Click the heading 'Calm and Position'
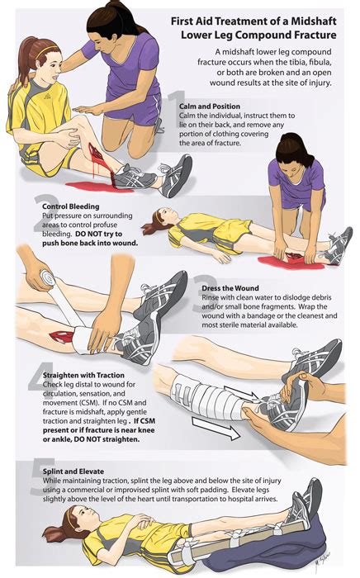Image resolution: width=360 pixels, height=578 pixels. click(x=210, y=107)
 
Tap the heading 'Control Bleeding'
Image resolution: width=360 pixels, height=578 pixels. click(x=71, y=206)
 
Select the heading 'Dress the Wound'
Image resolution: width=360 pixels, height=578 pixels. click(x=230, y=288)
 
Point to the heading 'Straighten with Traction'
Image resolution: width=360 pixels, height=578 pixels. click(x=83, y=375)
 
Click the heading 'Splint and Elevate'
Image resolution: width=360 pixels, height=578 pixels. click(x=73, y=471)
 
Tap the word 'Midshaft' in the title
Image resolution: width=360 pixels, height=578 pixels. click(x=314, y=21)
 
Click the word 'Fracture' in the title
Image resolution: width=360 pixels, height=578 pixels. click(x=315, y=36)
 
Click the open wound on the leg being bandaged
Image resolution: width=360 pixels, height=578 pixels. click(x=61, y=336)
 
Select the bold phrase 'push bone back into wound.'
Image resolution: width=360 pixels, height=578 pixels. click(x=90, y=244)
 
